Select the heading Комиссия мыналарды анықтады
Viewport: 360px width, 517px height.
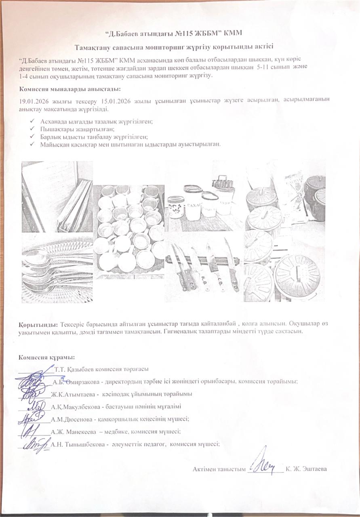pyautogui.click(x=69, y=89)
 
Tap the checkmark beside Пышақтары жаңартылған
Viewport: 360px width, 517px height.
pyautogui.click(x=32, y=129)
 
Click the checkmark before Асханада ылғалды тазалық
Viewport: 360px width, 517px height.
pyautogui.click(x=32, y=122)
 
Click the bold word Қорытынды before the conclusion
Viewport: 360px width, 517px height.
pyautogui.click(x=38, y=324)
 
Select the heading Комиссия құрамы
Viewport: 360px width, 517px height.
pyautogui.click(x=46, y=357)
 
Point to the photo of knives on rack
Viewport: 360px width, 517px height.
pyautogui.click(x=204, y=265)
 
